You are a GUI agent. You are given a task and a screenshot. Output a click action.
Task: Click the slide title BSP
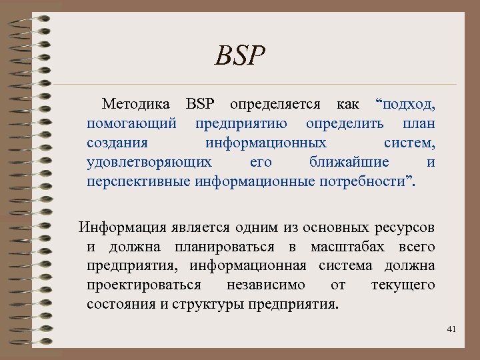tap(241, 56)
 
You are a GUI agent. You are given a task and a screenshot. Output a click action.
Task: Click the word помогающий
tap(131, 124)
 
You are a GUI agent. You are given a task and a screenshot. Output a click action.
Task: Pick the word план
tap(419, 124)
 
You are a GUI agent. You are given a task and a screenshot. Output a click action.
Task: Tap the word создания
tap(117, 143)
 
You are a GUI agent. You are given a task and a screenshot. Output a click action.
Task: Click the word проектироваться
tap(144, 285)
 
